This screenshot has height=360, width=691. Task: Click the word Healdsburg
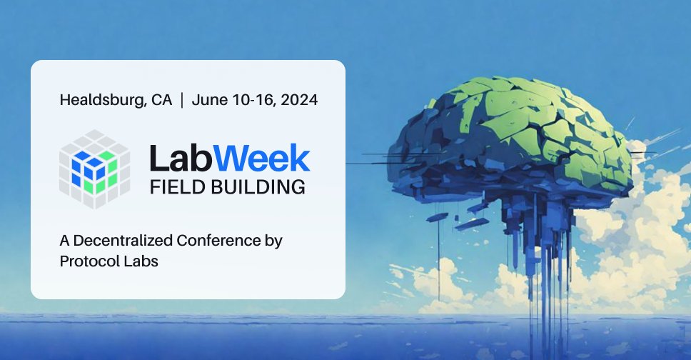(104, 100)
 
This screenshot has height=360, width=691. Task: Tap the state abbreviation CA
(162, 100)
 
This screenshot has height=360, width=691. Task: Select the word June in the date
(209, 100)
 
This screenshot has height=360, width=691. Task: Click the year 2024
(299, 100)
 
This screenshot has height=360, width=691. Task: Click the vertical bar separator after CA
(181, 100)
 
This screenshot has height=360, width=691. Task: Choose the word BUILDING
(256, 187)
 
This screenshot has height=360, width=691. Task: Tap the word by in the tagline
(274, 241)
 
